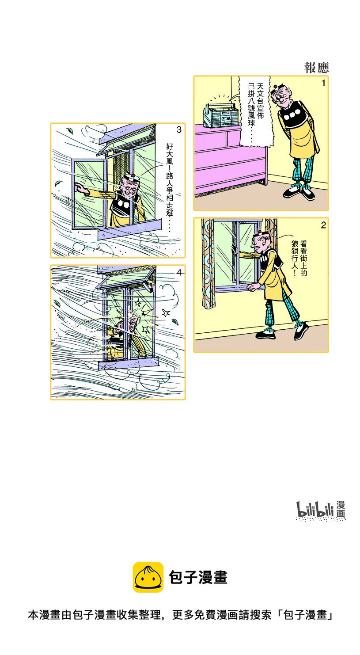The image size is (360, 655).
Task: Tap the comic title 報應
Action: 316,68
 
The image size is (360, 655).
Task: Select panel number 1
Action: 323,84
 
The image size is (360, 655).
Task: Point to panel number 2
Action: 323,225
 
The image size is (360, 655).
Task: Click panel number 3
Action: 179,129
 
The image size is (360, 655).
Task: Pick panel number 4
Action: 179,273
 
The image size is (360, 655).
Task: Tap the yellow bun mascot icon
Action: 148,577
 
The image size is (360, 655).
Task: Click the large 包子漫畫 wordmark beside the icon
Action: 198,577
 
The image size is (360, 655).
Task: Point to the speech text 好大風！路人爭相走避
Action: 170,187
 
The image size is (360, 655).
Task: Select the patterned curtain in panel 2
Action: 208,263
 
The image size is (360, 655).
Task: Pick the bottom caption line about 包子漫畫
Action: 181,614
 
